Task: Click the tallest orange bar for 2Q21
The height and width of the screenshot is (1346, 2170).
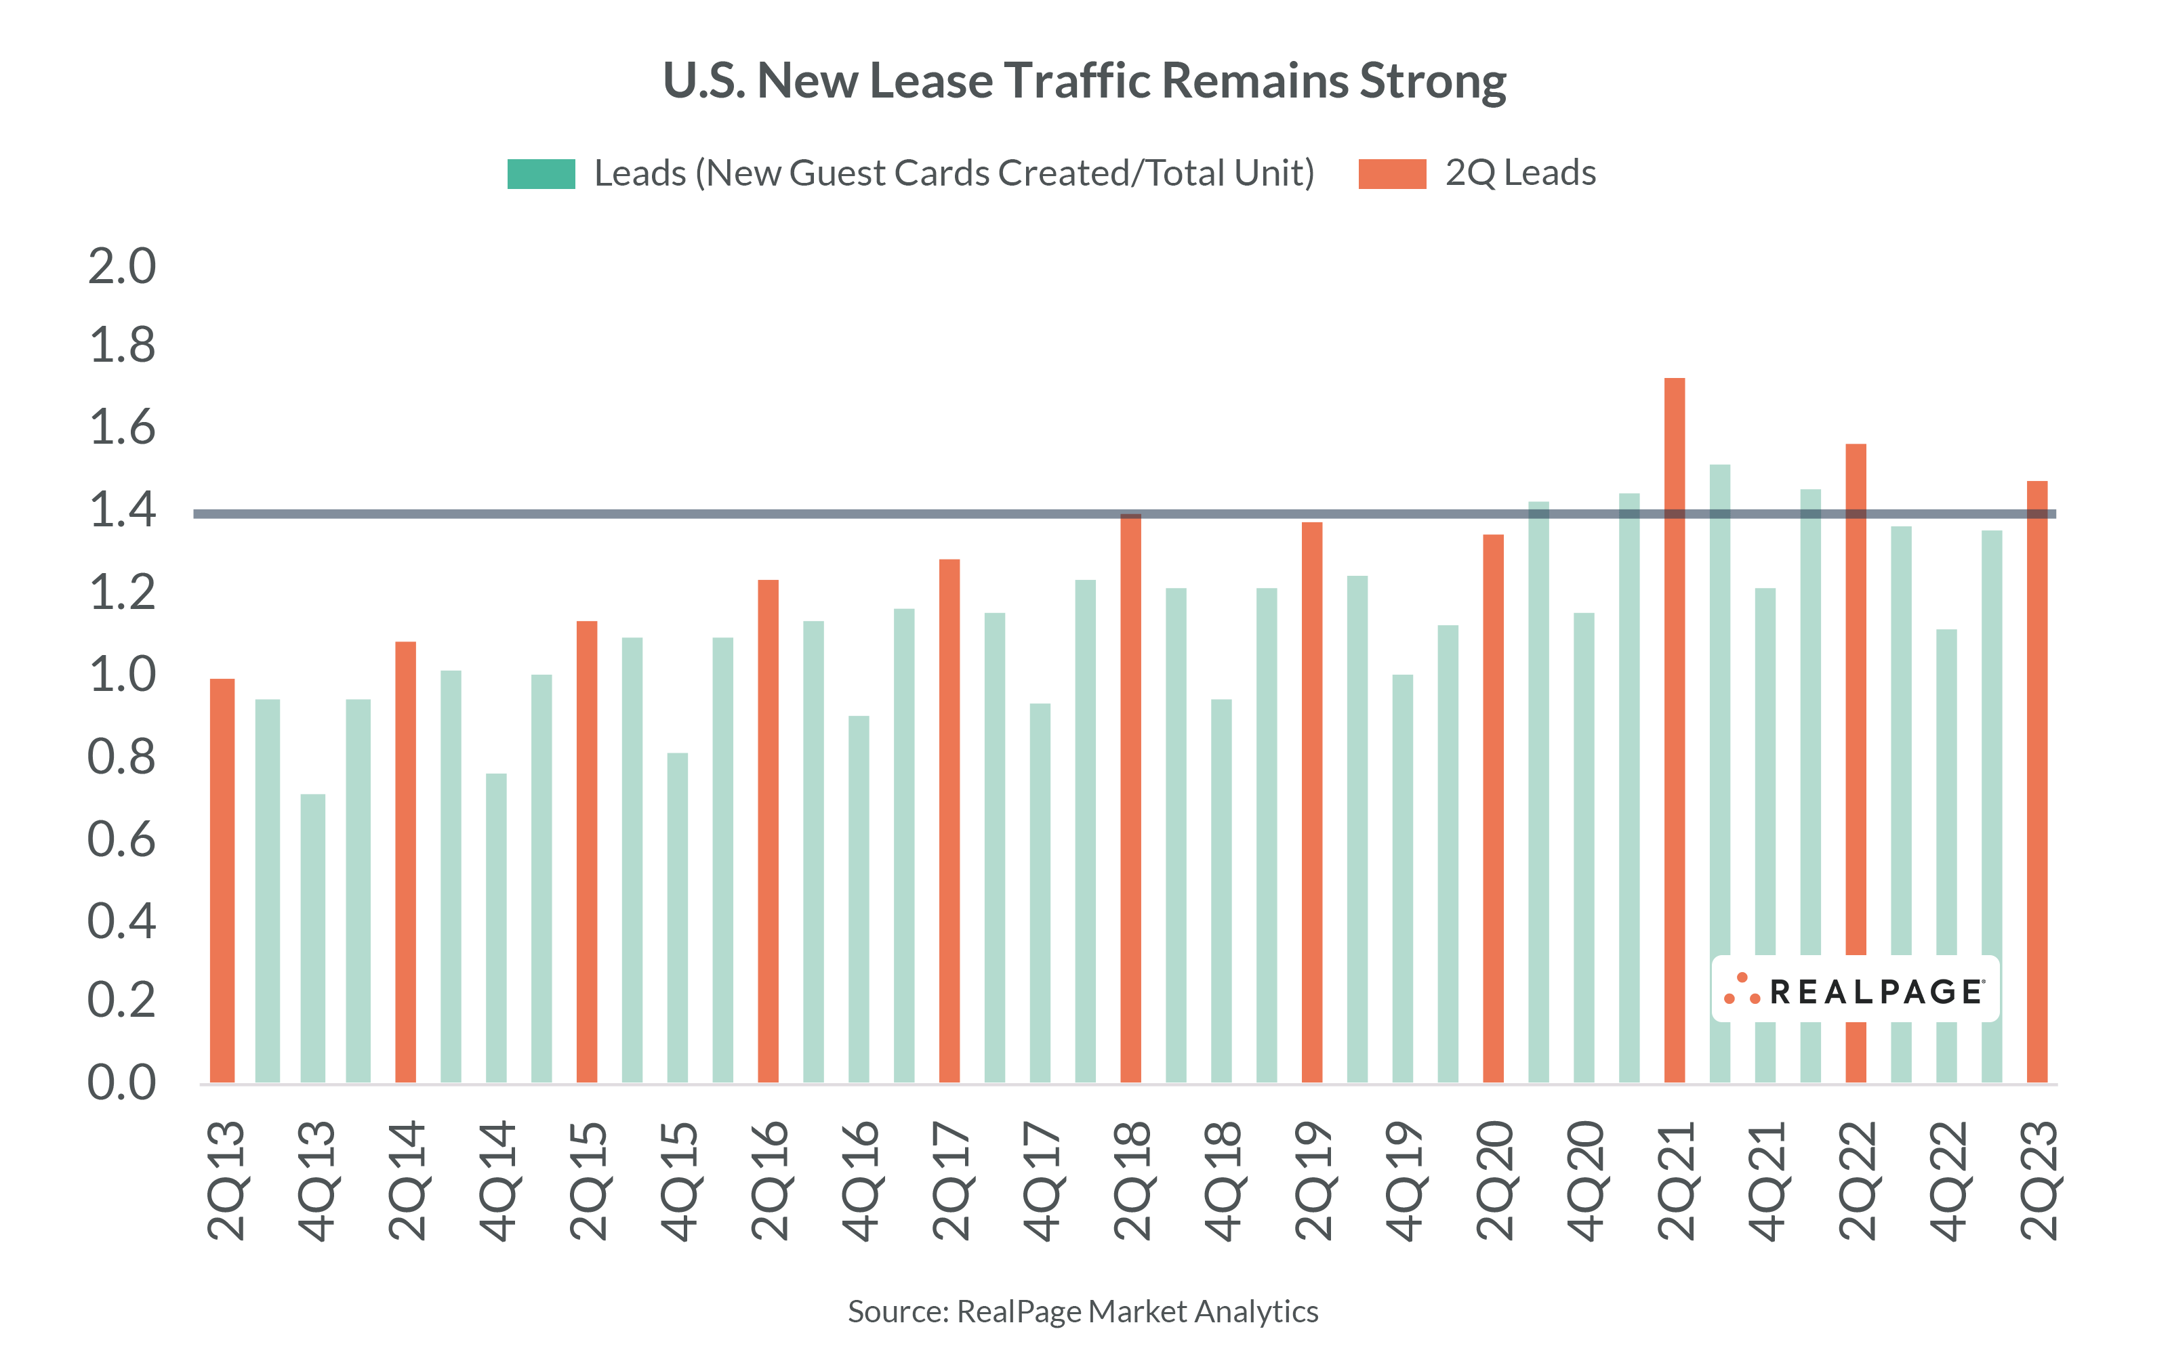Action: (x=1674, y=730)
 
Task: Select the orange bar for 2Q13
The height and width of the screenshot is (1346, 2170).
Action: (x=222, y=881)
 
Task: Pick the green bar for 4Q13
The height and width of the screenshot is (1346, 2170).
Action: (x=312, y=938)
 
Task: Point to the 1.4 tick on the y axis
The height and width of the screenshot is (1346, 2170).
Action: (x=122, y=510)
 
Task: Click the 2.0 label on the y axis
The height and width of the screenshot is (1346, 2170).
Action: (x=122, y=266)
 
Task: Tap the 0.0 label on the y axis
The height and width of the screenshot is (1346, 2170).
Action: (x=122, y=1082)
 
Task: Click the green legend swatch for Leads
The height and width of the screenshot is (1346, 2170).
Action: (x=541, y=173)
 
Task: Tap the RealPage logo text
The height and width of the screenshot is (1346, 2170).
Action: (x=1875, y=991)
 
